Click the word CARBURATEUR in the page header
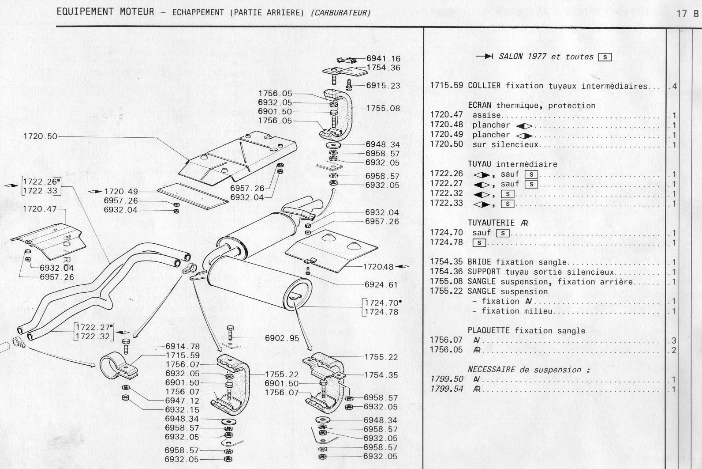click(340, 13)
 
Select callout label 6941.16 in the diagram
click(383, 58)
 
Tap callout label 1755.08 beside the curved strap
click(383, 108)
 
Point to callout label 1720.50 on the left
click(40, 136)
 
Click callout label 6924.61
click(381, 285)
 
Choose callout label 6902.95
click(282, 338)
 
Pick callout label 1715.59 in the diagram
click(183, 356)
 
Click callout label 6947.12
click(182, 401)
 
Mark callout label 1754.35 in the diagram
click(381, 375)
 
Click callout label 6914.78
click(183, 347)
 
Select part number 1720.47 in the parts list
click(446, 115)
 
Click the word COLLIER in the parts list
click(484, 86)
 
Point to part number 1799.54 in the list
click(446, 389)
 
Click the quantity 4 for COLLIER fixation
click(674, 86)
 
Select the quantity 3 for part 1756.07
click(674, 340)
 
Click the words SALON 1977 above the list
click(523, 57)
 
